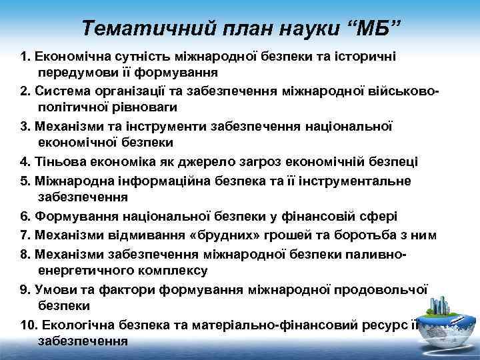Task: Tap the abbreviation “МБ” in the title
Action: click(372, 28)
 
